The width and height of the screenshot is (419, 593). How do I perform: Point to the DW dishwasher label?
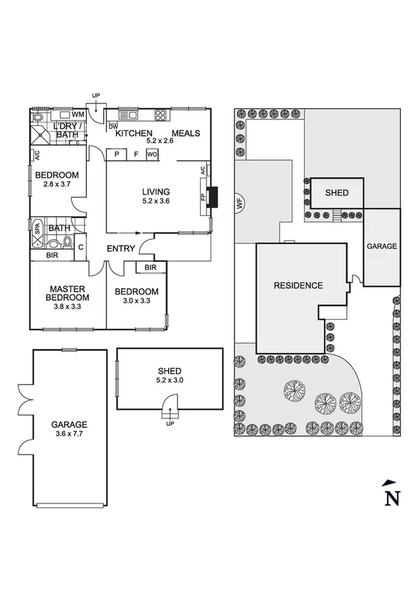113,127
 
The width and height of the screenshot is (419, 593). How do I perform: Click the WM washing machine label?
78,114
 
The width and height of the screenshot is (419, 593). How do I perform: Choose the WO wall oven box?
152,154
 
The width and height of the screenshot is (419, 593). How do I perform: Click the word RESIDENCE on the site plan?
298,285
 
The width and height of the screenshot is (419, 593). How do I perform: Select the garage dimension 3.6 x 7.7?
69,434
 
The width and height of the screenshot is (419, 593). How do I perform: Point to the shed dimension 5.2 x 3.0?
170,381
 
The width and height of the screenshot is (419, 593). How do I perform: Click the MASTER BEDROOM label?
67,293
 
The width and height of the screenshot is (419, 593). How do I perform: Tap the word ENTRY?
120,249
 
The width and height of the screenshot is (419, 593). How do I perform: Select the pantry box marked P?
116,154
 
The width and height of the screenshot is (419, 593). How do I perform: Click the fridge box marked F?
136,154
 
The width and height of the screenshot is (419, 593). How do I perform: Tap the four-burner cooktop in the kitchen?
160,115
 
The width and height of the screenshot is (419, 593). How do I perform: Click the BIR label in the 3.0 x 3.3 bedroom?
150,268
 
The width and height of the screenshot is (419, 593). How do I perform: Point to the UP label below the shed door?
169,424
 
